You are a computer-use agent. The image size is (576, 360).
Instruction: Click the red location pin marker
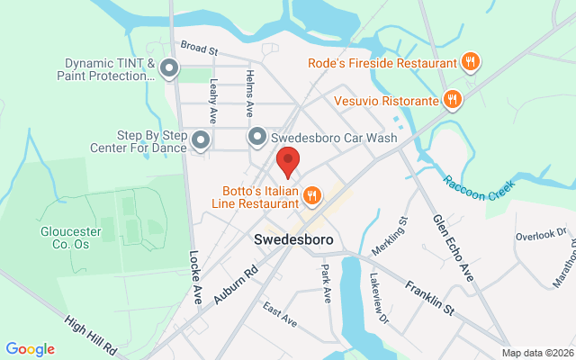pos(288,163)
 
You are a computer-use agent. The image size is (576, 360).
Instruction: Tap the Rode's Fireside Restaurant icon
pos(470,62)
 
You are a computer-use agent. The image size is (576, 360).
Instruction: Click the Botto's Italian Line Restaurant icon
pos(312,194)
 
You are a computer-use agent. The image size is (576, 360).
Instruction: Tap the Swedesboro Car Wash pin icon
pos(257,138)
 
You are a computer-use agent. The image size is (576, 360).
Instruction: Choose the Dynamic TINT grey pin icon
pos(169,69)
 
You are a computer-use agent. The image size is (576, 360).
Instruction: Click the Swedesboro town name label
pos(293,240)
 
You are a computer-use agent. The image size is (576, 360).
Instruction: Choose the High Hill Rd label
pos(93,334)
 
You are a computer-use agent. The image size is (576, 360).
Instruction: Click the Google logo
pos(30,349)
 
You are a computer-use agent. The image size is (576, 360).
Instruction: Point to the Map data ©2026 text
pos(536,352)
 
